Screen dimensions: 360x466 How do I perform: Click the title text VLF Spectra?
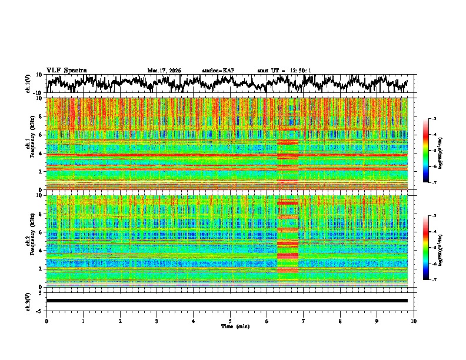(66, 71)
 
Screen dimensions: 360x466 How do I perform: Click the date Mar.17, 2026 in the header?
(164, 71)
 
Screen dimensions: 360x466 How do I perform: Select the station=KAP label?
(218, 71)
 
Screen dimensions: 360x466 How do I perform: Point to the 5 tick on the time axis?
(230, 321)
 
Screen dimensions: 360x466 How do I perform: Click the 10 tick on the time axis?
(414, 321)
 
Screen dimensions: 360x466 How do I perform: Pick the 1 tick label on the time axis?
(83, 321)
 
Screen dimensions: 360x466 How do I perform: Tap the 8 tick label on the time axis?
(340, 321)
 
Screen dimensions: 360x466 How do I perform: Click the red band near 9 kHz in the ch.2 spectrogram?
(288, 202)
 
